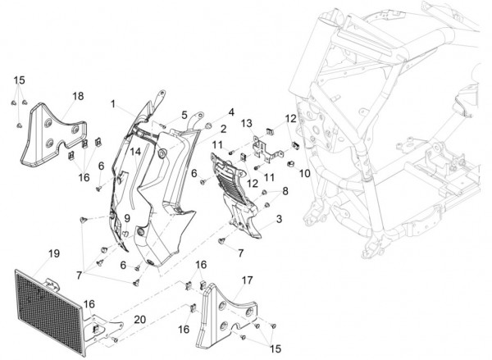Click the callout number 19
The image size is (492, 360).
tap(54, 253)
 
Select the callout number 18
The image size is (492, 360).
tap(78, 96)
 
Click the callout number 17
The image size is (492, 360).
tap(248, 280)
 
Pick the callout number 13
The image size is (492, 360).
tap(247, 123)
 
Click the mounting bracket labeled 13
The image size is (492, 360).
tap(266, 148)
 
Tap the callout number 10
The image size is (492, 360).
tap(305, 173)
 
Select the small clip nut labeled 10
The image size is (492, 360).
tap(291, 163)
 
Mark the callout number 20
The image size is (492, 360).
tap(140, 320)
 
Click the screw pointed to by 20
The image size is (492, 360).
tap(115, 339)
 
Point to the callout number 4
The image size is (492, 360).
tap(231, 112)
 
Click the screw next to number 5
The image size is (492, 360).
tap(163, 125)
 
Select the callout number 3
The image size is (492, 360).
tap(279, 219)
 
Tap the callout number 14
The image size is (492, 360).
tap(135, 152)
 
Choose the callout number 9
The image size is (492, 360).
tap(127, 218)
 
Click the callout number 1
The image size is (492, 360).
tap(113, 104)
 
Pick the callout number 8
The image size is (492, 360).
tap(285, 191)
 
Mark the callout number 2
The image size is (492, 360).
tap(223, 129)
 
